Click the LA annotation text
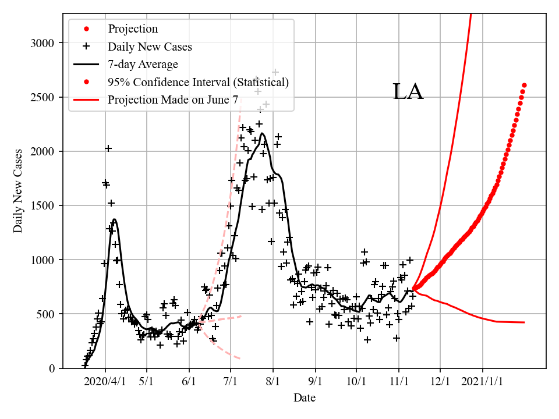[x=408, y=92]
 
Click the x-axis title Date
[x=305, y=398]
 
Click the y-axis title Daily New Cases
[x=18, y=190]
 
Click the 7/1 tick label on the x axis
[x=231, y=382]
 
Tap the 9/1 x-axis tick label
[x=316, y=382]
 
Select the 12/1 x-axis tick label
[x=440, y=382]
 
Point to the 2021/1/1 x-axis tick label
[x=483, y=382]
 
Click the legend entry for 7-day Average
[x=143, y=65]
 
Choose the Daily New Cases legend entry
[x=150, y=47]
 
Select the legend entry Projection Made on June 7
[x=173, y=100]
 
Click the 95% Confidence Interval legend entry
[x=198, y=82]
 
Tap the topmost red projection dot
[x=524, y=85]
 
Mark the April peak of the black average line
[x=114, y=219]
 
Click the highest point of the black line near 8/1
[x=263, y=133]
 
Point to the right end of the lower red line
[x=524, y=322]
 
